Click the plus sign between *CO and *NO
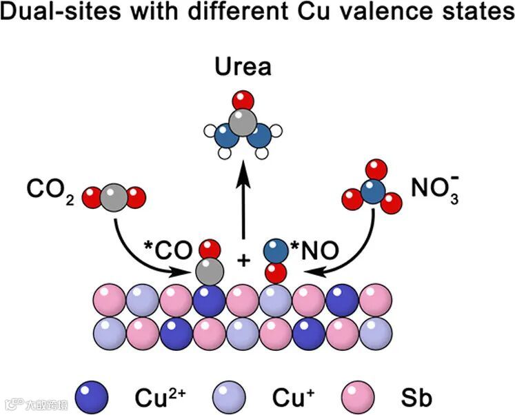click(x=243, y=261)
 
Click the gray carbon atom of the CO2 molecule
click(x=113, y=199)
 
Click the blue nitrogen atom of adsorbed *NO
click(x=276, y=251)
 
